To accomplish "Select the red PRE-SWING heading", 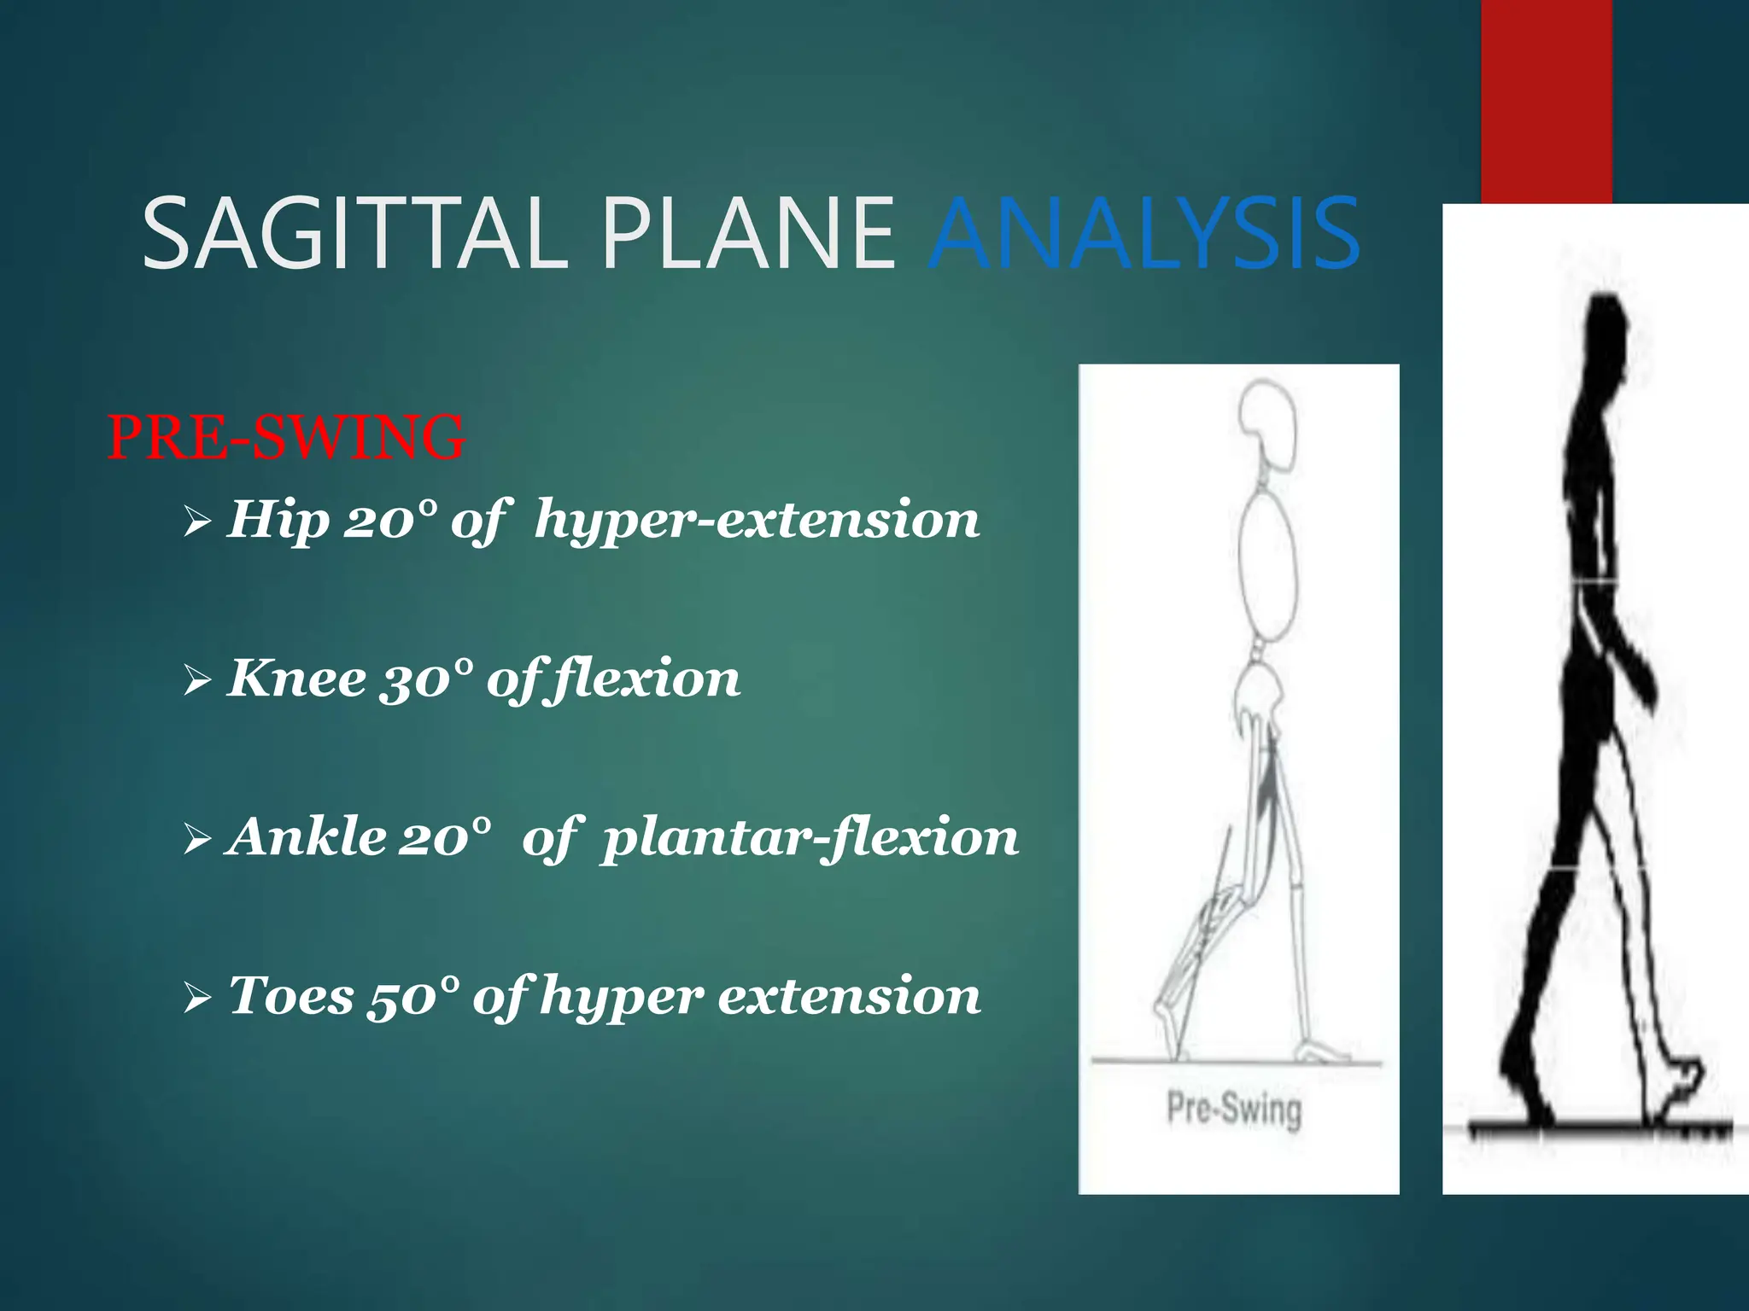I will pyautogui.click(x=286, y=437).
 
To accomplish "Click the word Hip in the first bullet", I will pyautogui.click(x=278, y=519).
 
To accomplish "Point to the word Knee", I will pyautogui.click(x=297, y=679).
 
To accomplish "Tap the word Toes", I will pyautogui.click(x=290, y=995).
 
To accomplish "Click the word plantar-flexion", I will pyautogui.click(x=810, y=837).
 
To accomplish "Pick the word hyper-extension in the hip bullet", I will pyautogui.click(x=757, y=521).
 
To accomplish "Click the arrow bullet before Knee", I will pyautogui.click(x=197, y=681).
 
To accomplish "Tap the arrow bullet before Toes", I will pyautogui.click(x=197, y=998).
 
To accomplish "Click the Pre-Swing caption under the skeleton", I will pyautogui.click(x=1234, y=1109).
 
